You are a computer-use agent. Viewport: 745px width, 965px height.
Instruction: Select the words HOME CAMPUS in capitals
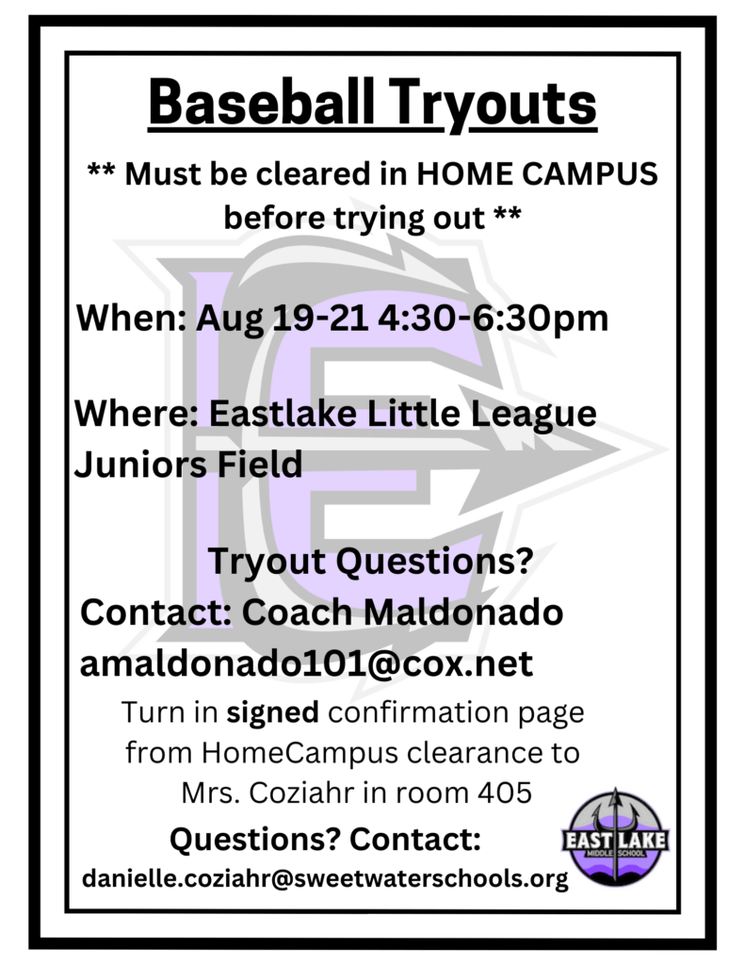coord(537,173)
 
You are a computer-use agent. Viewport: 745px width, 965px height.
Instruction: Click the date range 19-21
coord(320,318)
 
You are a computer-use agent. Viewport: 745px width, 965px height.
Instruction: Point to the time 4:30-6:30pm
coord(494,319)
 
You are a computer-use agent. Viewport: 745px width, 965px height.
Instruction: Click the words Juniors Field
coord(188,464)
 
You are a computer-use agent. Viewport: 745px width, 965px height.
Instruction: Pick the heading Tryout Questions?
coord(370,562)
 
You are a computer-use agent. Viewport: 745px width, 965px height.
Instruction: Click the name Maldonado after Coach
coord(463,613)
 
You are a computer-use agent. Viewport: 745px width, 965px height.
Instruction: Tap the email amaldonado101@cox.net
coord(306,663)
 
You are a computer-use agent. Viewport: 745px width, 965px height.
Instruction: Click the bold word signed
coord(272,712)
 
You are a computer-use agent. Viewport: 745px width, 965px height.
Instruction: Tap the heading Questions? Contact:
coord(325,839)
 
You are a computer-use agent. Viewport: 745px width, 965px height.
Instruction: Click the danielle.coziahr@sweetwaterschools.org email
coord(325,879)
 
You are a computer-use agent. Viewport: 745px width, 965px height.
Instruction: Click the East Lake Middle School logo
coord(615,838)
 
